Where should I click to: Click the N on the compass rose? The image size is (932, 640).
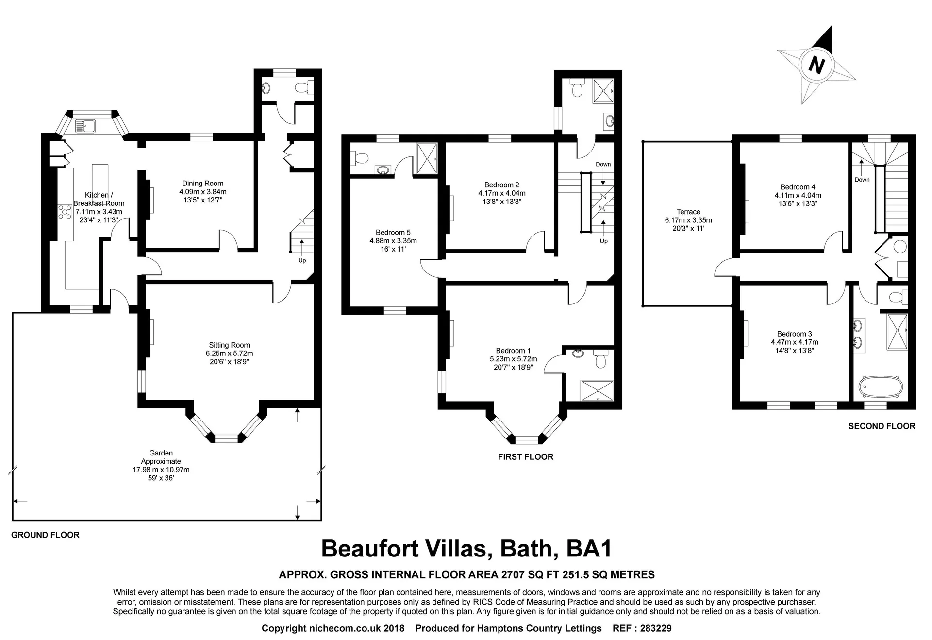pos(817,65)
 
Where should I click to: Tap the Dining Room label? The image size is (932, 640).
pos(203,184)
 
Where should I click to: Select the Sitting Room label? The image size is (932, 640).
pos(230,345)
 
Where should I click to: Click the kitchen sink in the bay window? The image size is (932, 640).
pos(85,126)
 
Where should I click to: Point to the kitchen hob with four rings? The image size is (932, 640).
pos(65,212)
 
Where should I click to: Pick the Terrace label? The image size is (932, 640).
pos(688,212)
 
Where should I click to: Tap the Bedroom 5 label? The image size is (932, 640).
pos(393,233)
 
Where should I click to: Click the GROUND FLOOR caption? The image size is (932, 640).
pos(45,535)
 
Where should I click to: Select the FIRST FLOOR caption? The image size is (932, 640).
pos(526,456)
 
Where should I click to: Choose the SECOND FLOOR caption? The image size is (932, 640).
pos(882,426)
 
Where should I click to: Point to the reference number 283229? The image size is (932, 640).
pos(656,628)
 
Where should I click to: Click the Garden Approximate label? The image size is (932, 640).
pos(161,457)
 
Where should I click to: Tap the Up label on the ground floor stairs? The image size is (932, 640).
pos(302,260)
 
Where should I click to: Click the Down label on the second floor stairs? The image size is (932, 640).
pos(862,180)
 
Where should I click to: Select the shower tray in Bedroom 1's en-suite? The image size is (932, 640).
pos(597,391)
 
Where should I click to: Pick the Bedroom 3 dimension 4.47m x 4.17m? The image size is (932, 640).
pos(794,342)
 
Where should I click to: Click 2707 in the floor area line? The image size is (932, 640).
pos(513,575)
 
